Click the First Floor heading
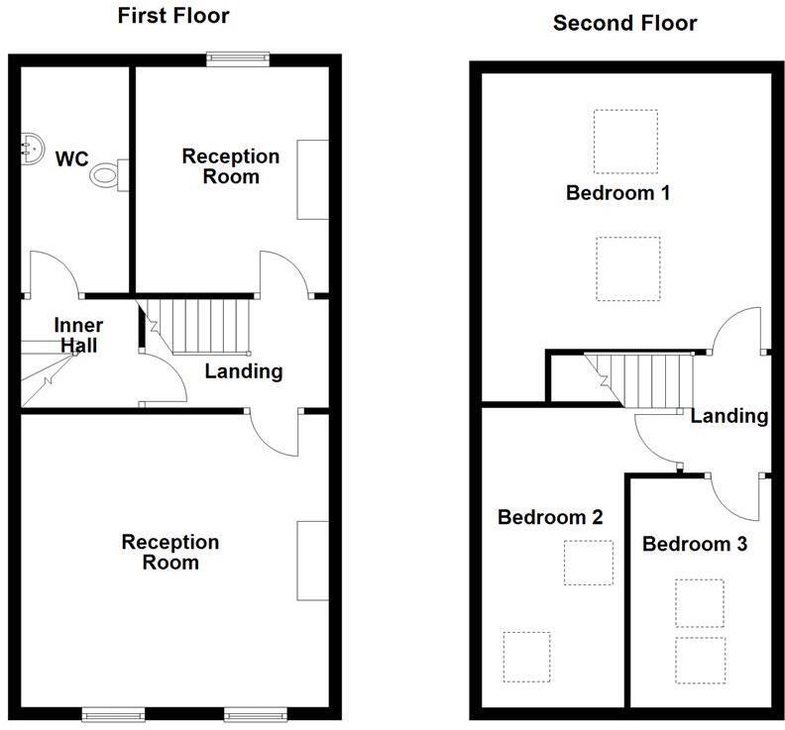(x=173, y=16)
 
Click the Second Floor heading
(x=624, y=23)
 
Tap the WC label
(x=72, y=158)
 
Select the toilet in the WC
(x=108, y=175)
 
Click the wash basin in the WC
(x=29, y=148)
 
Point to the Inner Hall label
(x=78, y=335)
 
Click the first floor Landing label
(x=244, y=371)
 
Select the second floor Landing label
(x=729, y=416)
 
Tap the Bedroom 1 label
(x=617, y=193)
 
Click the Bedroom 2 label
(x=550, y=517)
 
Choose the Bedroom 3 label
(x=694, y=544)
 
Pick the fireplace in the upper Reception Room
(x=313, y=179)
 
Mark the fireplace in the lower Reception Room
(x=312, y=559)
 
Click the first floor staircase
(x=202, y=326)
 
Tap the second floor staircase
(x=640, y=380)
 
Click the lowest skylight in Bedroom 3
(x=700, y=661)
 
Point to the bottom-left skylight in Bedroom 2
(x=525, y=656)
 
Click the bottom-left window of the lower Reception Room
(x=111, y=713)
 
